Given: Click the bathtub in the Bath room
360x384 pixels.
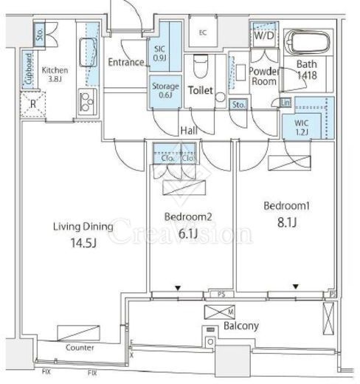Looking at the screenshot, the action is click(307, 42).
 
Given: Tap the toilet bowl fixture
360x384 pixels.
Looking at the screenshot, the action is click(201, 66).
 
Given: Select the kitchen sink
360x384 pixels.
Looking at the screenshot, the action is click(88, 52).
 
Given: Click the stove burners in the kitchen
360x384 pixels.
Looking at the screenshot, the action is click(87, 101).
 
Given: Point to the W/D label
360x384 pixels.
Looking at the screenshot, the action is click(264, 36).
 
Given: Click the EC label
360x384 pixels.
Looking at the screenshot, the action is click(203, 32).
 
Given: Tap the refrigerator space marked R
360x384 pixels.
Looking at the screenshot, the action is click(33, 104).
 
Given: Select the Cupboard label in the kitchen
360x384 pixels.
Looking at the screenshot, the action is click(29, 69).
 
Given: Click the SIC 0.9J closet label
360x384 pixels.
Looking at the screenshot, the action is click(159, 53).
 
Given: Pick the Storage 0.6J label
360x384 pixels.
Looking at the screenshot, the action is click(165, 90).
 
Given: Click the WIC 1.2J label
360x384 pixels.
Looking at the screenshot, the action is click(302, 128).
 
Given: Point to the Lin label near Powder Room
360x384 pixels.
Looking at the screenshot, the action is click(285, 103).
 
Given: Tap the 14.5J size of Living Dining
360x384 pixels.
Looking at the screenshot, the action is click(83, 243).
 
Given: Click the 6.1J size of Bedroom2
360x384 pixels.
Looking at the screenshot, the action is click(188, 233).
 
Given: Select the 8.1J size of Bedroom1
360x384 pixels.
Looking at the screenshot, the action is click(287, 222).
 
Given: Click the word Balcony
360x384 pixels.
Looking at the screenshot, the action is click(241, 326).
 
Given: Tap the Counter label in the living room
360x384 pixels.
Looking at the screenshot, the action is click(80, 348).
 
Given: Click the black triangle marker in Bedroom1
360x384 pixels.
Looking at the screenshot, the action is click(296, 287).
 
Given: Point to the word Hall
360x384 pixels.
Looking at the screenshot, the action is click(189, 131).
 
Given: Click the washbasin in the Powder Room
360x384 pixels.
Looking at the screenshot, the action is click(240, 72).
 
